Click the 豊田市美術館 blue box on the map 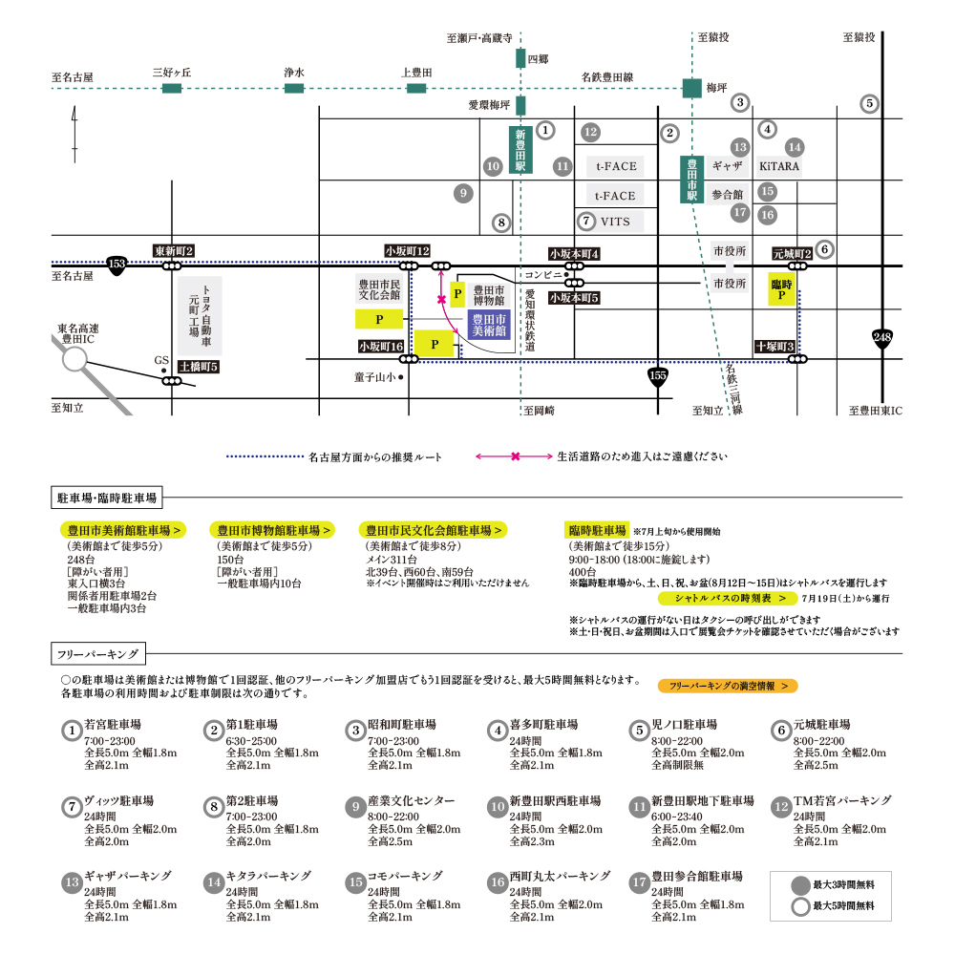tap(489, 325)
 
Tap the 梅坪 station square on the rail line tap(691, 88)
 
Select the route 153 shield tap(117, 265)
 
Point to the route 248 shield tap(881, 338)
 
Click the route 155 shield tap(658, 377)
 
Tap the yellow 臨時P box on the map tap(781, 289)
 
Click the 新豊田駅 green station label tap(520, 150)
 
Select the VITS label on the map tap(615, 222)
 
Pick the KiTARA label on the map tap(779, 166)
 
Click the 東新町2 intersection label tap(174, 251)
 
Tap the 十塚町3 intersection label tap(775, 346)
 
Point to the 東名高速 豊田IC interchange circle tap(74, 359)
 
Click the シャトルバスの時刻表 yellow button tap(727, 598)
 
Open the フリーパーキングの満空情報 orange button tap(728, 686)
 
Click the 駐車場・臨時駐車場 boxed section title tap(107, 498)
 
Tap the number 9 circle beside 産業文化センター tap(355, 808)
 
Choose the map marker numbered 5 tap(870, 103)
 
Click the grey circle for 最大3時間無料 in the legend tap(800, 885)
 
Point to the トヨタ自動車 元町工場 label tap(201, 315)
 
